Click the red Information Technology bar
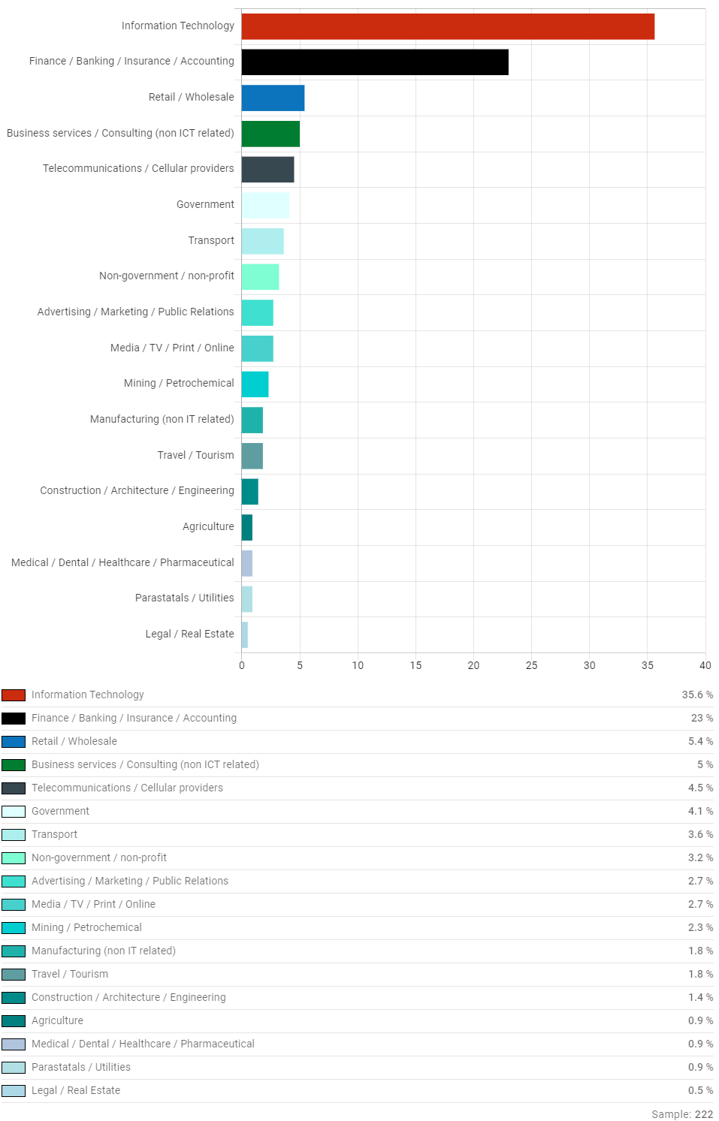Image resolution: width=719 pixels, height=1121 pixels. pos(448,26)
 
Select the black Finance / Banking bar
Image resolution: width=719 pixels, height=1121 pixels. pos(375,62)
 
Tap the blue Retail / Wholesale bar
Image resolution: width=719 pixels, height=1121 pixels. pos(273,98)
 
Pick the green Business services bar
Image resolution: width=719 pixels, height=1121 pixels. pos(270,134)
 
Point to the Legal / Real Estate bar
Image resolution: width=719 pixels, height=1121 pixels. pos(245,634)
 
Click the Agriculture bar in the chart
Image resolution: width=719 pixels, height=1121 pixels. pos(247,527)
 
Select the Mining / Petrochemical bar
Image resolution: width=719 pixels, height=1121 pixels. pos(255,384)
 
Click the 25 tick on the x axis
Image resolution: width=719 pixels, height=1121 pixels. pos(531,665)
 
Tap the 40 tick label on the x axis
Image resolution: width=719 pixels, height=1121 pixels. pos(705,665)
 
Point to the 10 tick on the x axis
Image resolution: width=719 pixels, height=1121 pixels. pos(358,665)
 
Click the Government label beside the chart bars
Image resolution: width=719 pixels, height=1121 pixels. pos(205,204)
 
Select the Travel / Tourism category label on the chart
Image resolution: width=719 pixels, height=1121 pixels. pos(195,455)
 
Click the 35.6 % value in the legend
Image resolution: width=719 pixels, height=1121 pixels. pos(697,695)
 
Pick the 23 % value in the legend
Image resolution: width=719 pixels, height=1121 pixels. pos(702,718)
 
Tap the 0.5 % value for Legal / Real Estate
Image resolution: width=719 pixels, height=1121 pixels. pos(700,1090)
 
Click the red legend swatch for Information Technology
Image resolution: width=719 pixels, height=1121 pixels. pos(14,695)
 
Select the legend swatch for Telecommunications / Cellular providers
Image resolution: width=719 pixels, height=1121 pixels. pos(14,788)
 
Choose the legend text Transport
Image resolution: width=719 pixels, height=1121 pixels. pos(54,834)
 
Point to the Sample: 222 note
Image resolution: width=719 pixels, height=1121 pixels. pos(681,1114)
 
